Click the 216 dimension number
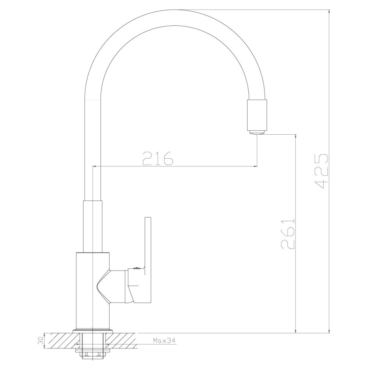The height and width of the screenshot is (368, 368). (158, 158)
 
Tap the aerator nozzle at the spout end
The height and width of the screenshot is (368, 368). (257, 132)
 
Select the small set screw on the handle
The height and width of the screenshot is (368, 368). (137, 268)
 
